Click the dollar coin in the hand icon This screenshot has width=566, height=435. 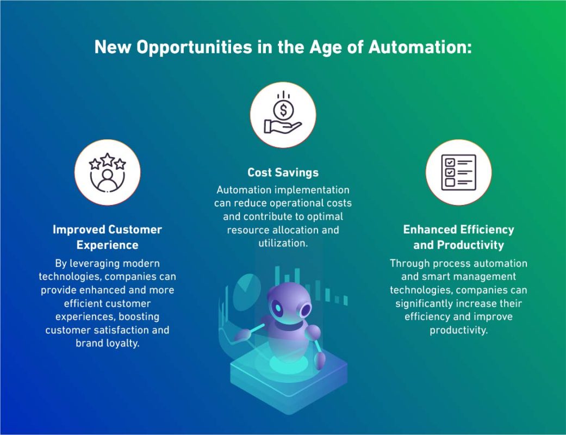coord(283,110)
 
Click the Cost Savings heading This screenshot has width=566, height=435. coord(283,172)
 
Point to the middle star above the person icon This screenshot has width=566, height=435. coord(108,160)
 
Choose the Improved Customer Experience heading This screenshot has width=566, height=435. coord(108,237)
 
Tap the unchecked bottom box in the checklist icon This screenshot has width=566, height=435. coord(449,182)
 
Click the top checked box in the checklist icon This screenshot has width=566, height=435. coord(449,162)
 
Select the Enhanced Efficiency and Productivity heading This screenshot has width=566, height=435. coord(458,237)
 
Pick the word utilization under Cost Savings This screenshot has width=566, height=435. coord(283,243)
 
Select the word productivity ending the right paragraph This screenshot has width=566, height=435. coord(458,330)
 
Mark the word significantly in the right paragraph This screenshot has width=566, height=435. coord(430,303)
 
